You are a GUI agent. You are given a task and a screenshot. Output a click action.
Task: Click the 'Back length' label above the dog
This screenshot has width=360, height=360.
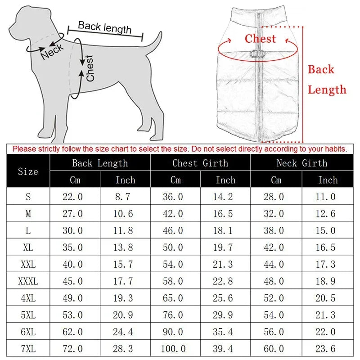(104, 27)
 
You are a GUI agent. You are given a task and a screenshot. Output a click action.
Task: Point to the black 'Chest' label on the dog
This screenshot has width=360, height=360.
(90, 68)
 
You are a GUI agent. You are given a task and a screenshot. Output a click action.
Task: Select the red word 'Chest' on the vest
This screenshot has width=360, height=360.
(260, 39)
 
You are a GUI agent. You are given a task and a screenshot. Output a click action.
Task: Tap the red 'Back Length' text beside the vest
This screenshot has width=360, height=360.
(327, 80)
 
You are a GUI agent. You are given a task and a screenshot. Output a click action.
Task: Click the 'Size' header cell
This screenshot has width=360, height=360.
(28, 171)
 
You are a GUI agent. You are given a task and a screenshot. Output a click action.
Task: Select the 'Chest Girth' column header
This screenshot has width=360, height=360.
(200, 163)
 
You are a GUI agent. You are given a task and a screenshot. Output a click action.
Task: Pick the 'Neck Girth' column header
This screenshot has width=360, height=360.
(301, 163)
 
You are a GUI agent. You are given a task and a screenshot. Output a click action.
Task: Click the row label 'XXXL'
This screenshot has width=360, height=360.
(28, 282)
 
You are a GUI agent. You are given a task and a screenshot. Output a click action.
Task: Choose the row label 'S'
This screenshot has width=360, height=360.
(28, 197)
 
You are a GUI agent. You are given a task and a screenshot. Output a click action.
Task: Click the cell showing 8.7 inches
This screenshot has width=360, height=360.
(125, 197)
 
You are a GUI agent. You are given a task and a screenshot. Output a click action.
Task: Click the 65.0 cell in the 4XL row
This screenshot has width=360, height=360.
(173, 298)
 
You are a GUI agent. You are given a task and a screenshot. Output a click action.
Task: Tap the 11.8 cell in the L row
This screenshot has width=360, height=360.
(125, 231)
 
